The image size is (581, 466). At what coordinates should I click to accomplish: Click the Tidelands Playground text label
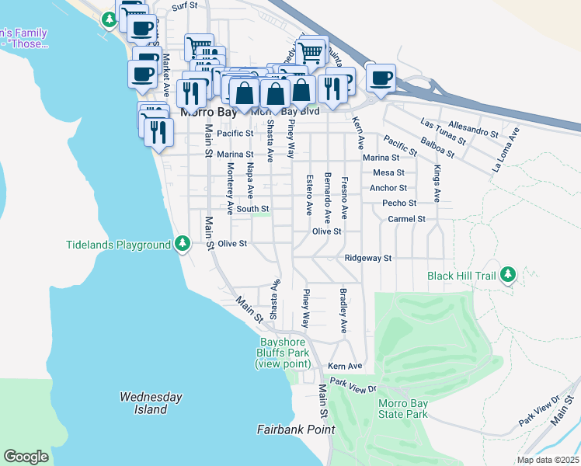[117, 245]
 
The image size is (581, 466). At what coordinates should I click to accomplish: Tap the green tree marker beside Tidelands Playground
[183, 245]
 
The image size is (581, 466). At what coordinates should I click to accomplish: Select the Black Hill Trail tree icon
[508, 275]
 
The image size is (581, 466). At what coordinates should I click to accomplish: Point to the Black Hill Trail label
[461, 276]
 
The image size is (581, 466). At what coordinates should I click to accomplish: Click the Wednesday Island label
[151, 403]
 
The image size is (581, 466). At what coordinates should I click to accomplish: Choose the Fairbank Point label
[296, 429]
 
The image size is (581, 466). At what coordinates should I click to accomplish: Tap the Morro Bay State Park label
[402, 409]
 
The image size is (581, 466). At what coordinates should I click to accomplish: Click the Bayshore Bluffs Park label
[284, 353]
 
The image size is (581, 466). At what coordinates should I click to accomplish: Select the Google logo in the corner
[26, 457]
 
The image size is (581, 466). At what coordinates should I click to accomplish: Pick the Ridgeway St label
[368, 258]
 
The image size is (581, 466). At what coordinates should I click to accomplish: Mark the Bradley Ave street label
[342, 311]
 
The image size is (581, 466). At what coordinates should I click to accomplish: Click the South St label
[252, 209]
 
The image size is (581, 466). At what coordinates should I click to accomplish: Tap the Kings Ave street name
[437, 183]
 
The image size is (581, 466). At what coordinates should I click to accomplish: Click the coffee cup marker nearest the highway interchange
[381, 78]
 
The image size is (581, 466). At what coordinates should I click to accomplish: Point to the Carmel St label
[407, 219]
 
